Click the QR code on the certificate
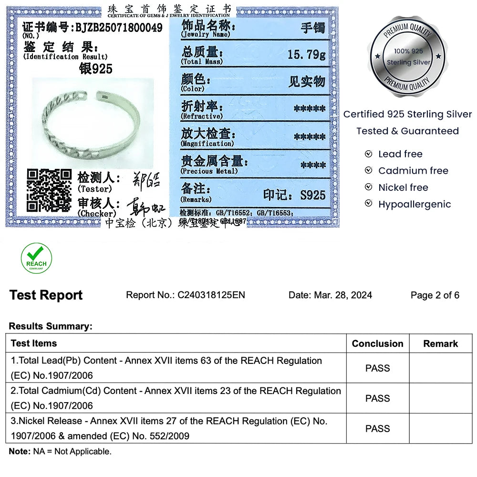(x=49, y=190)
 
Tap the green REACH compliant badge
(x=36, y=258)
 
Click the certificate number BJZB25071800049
(x=119, y=28)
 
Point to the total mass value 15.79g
(x=306, y=54)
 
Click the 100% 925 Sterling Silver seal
(x=408, y=56)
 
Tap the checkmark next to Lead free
(x=368, y=154)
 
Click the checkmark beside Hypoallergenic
(x=368, y=204)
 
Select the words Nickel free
(x=403, y=187)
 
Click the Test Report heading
(x=46, y=295)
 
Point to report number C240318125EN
(x=211, y=295)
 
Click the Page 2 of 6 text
(x=435, y=295)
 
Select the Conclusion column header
(x=377, y=343)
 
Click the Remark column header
(x=440, y=343)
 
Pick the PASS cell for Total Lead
(x=377, y=368)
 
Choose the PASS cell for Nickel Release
(x=377, y=428)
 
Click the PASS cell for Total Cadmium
(x=377, y=398)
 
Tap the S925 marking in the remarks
(x=313, y=195)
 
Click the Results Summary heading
(x=50, y=326)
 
